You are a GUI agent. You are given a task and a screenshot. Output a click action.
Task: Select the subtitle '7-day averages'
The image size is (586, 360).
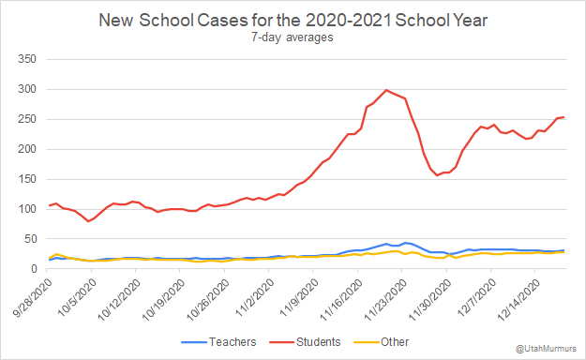(293, 37)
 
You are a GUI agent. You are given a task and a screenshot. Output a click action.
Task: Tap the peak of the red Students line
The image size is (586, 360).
(386, 90)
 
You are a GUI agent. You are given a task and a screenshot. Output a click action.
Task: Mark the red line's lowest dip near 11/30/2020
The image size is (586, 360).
(437, 175)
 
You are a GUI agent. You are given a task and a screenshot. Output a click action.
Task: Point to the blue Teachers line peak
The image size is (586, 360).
(386, 244)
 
